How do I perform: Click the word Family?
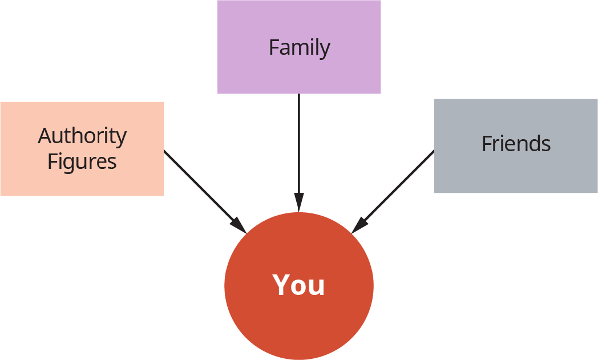click(299, 47)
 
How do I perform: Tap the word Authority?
click(82, 136)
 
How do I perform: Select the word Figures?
click(82, 161)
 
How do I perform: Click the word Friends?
click(516, 143)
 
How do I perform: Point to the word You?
click(298, 285)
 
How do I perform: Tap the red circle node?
click(298, 325)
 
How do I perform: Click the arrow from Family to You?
click(298, 148)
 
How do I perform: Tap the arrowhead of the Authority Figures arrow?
click(240, 226)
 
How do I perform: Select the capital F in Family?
click(274, 47)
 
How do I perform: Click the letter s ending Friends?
click(546, 144)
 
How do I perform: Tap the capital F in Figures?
click(52, 161)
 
